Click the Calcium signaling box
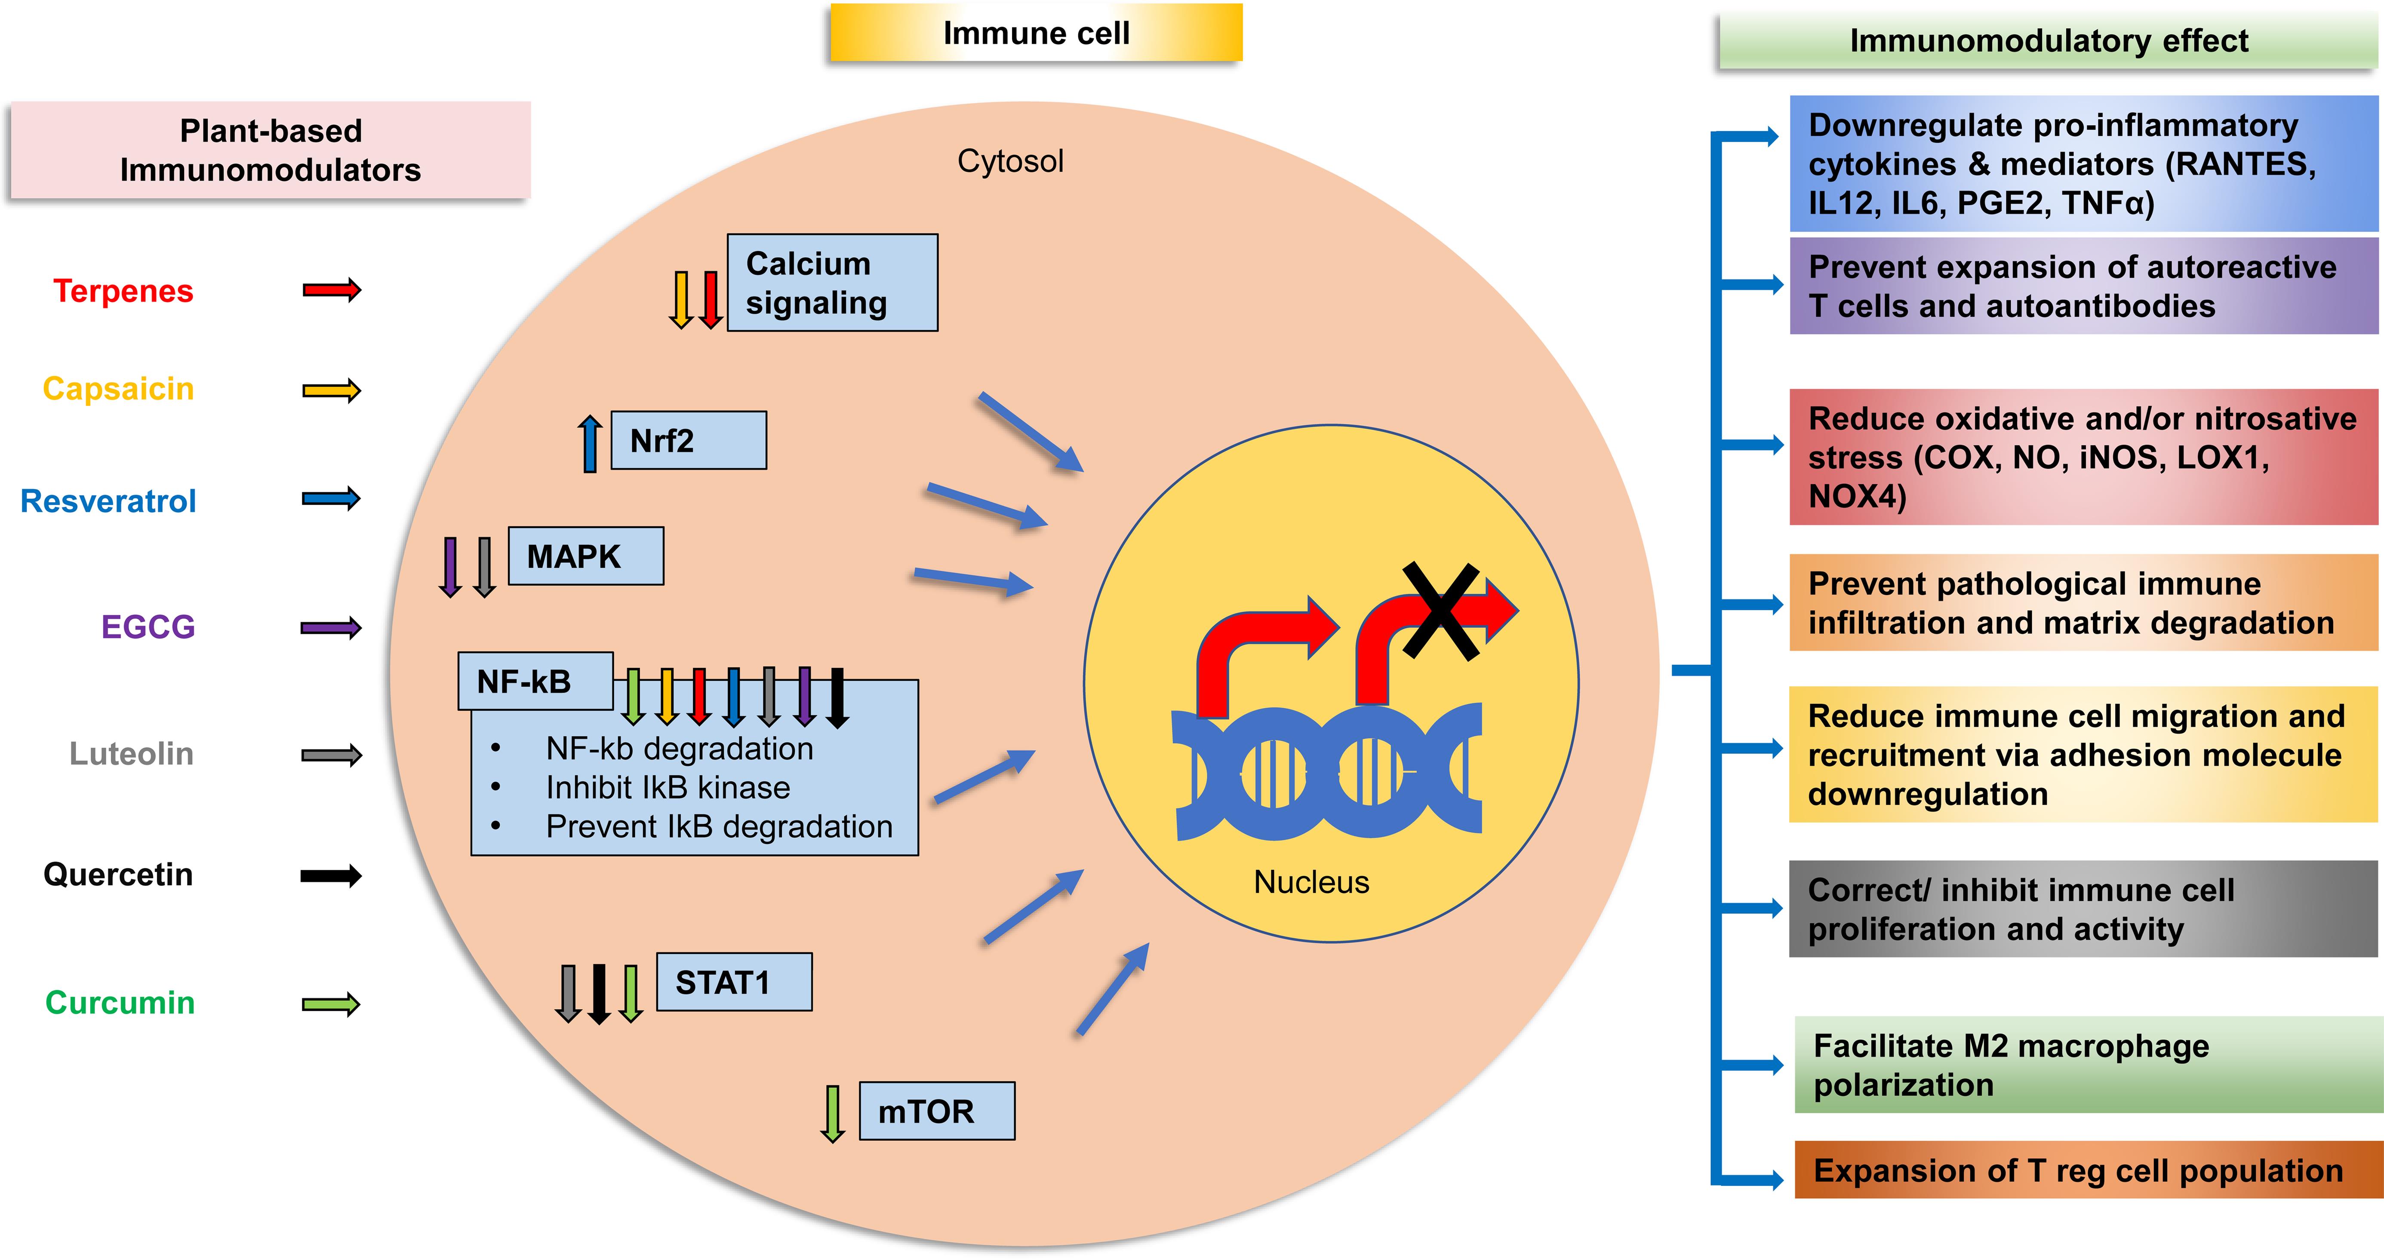point(832,283)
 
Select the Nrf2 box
point(689,440)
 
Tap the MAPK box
point(586,556)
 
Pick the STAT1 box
point(734,982)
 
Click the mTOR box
point(937,1111)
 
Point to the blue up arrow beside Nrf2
point(590,444)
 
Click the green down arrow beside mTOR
point(833,1113)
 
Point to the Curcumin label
point(120,1003)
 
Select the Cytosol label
point(1010,161)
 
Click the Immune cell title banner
point(1036,33)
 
